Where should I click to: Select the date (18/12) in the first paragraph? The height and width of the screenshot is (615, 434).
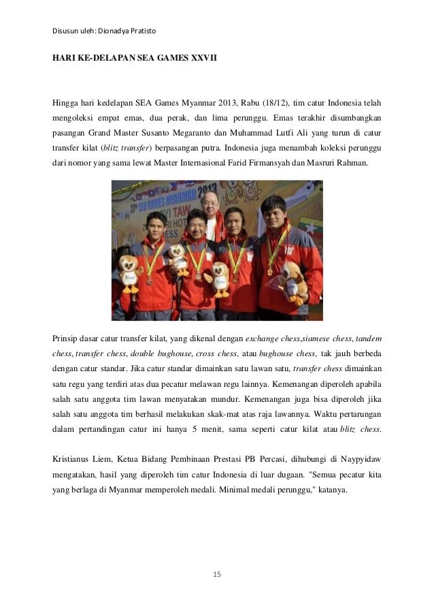pyautogui.click(x=273, y=104)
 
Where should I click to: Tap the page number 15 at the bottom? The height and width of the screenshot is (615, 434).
pyautogui.click(x=217, y=576)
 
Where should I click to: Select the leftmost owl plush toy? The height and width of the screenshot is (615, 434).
pyautogui.click(x=131, y=272)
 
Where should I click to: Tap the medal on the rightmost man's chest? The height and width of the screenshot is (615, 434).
pyautogui.click(x=270, y=270)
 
